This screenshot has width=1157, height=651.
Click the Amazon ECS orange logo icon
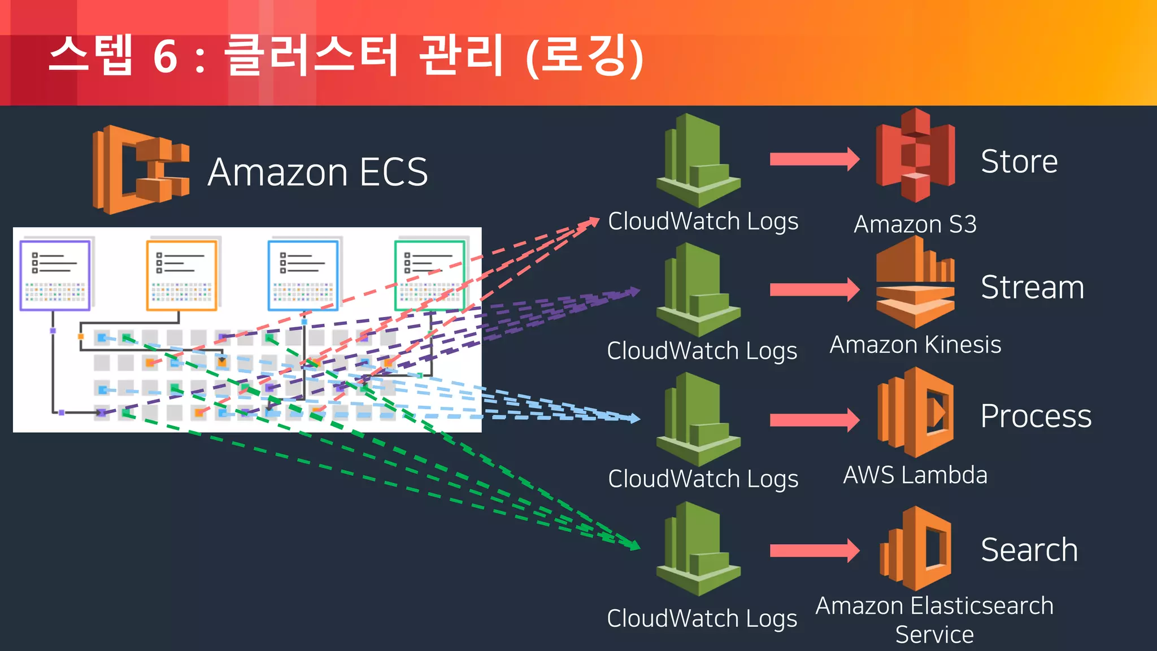pyautogui.click(x=140, y=170)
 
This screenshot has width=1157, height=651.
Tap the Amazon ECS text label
pyautogui.click(x=317, y=172)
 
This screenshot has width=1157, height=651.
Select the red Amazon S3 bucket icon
pyautogui.click(x=915, y=156)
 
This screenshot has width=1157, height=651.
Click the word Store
pyautogui.click(x=1019, y=162)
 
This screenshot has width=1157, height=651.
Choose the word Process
pyautogui.click(x=1036, y=416)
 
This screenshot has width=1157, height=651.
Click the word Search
pyautogui.click(x=1029, y=550)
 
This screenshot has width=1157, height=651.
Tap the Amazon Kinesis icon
pyautogui.click(x=915, y=283)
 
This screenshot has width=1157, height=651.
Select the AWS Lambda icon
pyautogui.click(x=915, y=413)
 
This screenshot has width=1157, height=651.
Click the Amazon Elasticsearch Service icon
pyautogui.click(x=915, y=548)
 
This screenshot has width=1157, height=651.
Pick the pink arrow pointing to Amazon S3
pyautogui.click(x=814, y=159)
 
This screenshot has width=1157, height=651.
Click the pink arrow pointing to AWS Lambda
pyautogui.click(x=814, y=419)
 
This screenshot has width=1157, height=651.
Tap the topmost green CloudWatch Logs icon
pyautogui.click(x=698, y=160)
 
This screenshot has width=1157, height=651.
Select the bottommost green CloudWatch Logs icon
pyautogui.click(x=698, y=549)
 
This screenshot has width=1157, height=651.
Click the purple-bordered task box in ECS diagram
pyautogui.click(x=55, y=275)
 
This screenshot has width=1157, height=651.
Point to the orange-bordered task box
pyautogui.click(x=181, y=275)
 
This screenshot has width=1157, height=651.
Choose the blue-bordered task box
pyautogui.click(x=303, y=275)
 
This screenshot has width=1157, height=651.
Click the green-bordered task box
pyautogui.click(x=430, y=275)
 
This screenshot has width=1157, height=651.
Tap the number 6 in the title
pyautogui.click(x=166, y=57)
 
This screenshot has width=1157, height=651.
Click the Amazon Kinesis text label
pyautogui.click(x=915, y=345)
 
